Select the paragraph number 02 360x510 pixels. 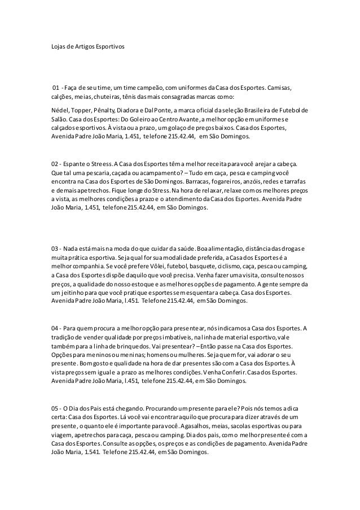(55, 163)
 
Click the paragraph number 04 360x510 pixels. (55, 329)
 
